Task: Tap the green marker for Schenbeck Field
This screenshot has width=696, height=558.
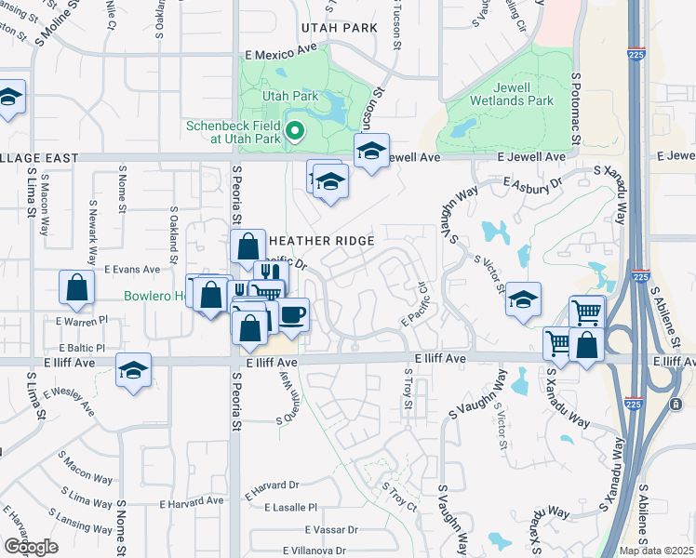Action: tap(295, 131)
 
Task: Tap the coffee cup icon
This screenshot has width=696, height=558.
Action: tap(293, 312)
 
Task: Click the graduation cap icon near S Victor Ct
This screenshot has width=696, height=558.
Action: tap(524, 299)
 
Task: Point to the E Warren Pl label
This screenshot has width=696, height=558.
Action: tap(82, 322)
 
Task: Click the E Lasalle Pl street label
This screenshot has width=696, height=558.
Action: tap(290, 508)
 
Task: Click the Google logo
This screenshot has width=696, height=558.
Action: tap(30, 547)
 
